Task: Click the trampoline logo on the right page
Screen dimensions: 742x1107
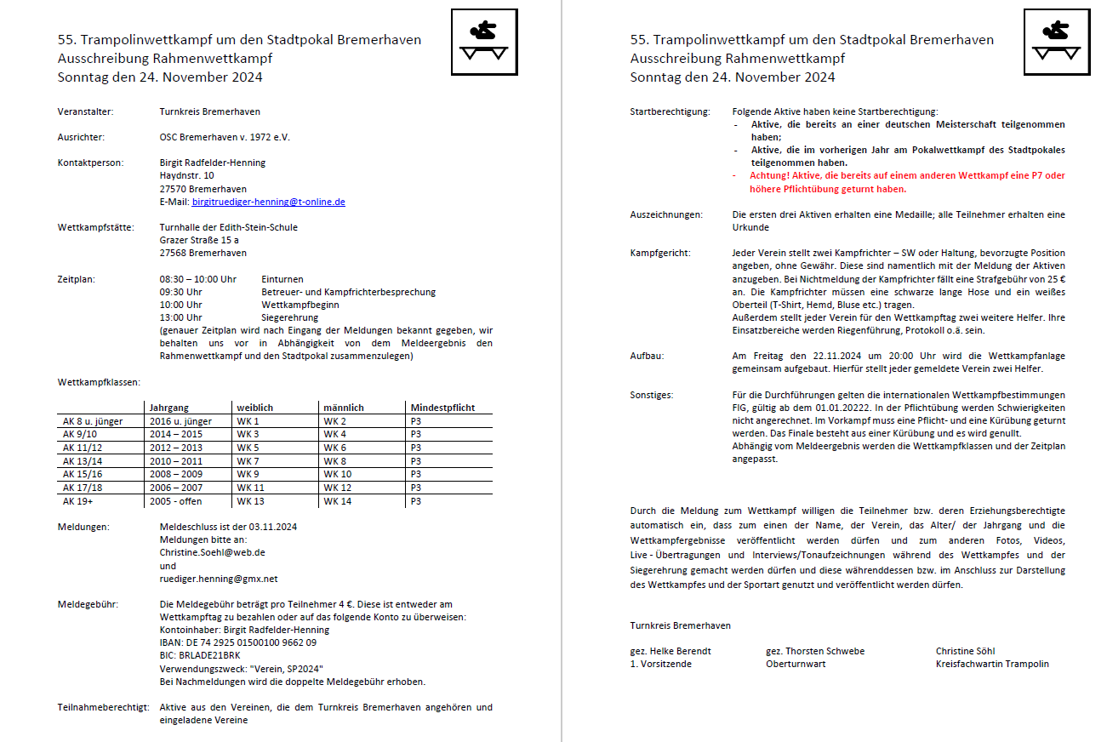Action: pyautogui.click(x=1055, y=42)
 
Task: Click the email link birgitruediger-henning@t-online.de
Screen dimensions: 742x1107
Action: pyautogui.click(x=268, y=202)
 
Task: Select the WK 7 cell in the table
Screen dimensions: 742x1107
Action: pyautogui.click(x=248, y=460)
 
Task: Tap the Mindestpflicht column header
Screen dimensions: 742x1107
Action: pyautogui.click(x=442, y=408)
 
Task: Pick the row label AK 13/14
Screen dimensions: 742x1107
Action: pyautogui.click(x=83, y=460)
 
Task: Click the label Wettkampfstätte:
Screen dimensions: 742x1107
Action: pyautogui.click(x=96, y=227)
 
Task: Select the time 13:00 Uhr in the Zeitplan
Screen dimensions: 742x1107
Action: pyautogui.click(x=181, y=317)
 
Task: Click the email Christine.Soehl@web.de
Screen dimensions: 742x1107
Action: pyautogui.click(x=213, y=552)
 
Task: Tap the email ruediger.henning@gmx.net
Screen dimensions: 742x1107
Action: pyautogui.click(x=219, y=579)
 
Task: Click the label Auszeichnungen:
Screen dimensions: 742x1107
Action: pyautogui.click(x=666, y=214)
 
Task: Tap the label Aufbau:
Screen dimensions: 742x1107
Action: pyautogui.click(x=647, y=357)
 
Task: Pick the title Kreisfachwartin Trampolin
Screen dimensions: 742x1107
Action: pyautogui.click(x=992, y=664)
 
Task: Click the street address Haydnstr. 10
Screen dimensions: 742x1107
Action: pyautogui.click(x=187, y=175)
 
